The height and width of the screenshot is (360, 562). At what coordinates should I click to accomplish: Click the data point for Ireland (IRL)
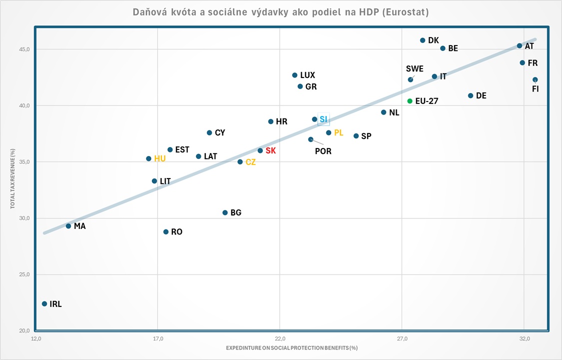point(44,303)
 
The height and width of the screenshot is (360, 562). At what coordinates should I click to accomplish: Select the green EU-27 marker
point(410,101)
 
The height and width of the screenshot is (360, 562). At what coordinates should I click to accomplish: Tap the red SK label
point(270,150)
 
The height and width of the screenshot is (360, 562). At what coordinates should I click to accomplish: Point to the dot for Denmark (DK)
point(423,40)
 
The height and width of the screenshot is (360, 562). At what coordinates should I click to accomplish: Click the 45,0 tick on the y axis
point(24,49)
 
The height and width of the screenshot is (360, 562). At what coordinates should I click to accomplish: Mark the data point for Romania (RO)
point(166,232)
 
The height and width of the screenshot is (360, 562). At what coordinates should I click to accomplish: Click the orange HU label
point(160,158)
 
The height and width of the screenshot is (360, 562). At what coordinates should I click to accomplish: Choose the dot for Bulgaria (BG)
point(225,212)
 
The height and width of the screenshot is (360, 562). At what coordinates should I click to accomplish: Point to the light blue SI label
point(324,119)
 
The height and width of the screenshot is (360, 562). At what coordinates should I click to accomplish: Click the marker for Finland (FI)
point(535,79)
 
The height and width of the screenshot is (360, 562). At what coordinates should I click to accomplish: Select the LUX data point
point(295,75)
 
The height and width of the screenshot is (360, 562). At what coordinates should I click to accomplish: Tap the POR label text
point(323,151)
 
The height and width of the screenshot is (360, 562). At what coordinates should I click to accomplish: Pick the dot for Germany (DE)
point(471,95)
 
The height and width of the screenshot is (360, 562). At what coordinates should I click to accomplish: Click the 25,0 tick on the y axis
point(24,274)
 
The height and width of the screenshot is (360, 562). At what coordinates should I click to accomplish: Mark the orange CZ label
point(251,162)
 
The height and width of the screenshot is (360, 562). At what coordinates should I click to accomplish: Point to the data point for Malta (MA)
point(68,226)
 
